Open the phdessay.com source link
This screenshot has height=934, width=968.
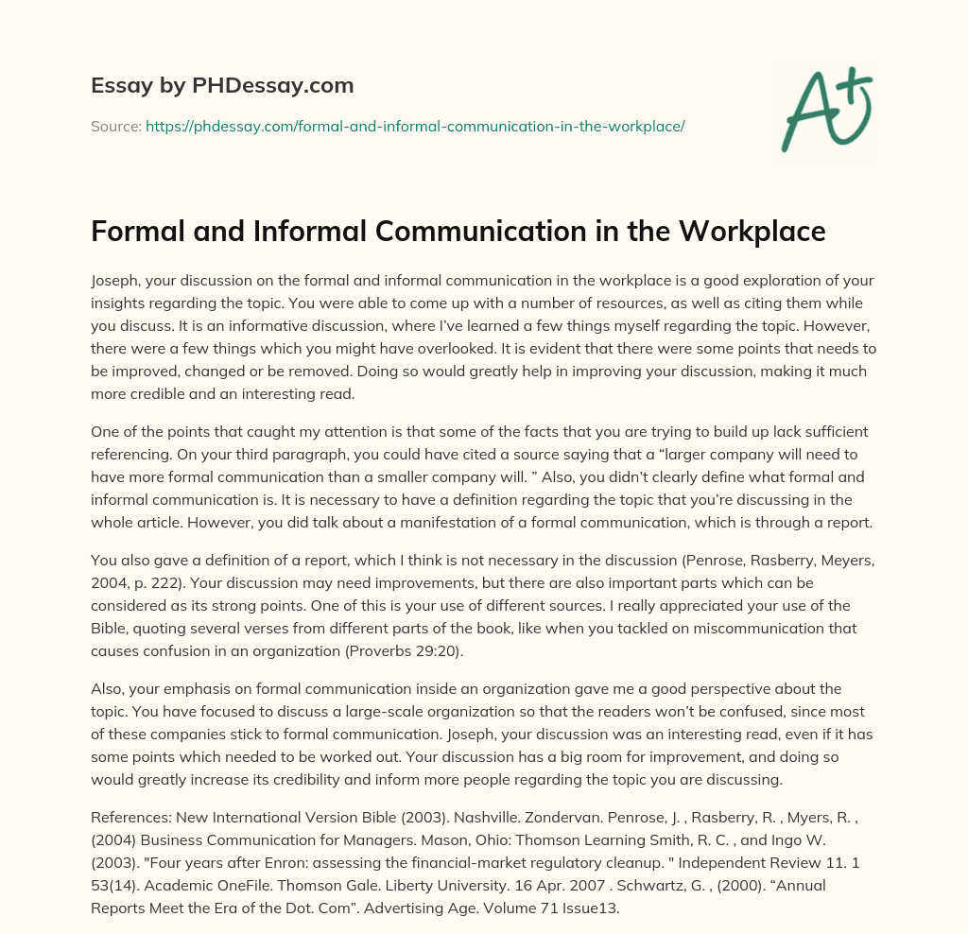tap(415, 126)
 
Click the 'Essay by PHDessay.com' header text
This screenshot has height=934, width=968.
tap(222, 85)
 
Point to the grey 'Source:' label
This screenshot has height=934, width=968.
tap(116, 126)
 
